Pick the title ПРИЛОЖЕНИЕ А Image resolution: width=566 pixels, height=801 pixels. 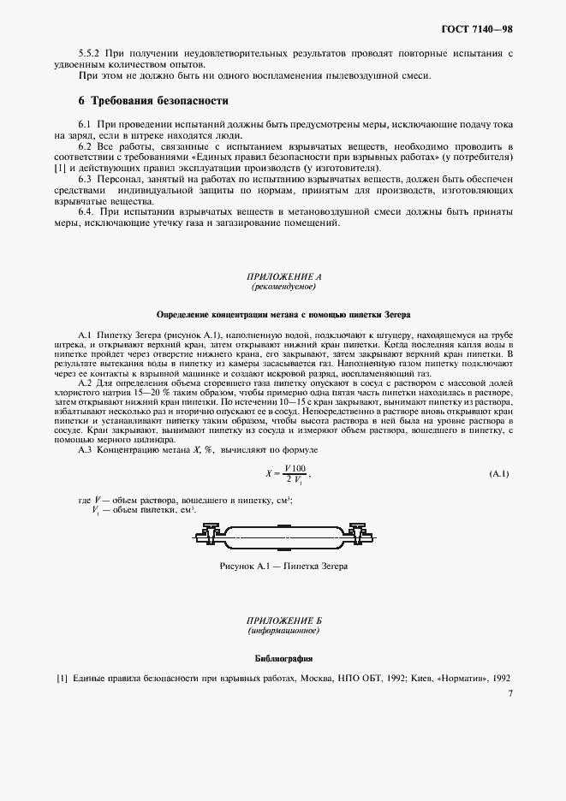tap(283, 277)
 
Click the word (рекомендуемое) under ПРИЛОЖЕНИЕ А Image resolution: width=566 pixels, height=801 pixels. tap(283, 287)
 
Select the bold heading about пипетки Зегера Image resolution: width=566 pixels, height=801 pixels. tap(283, 314)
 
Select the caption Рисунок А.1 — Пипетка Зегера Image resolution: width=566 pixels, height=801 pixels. tap(283, 566)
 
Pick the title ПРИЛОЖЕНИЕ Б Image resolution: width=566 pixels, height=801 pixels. tap(283, 620)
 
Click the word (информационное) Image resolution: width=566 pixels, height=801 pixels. tap(283, 630)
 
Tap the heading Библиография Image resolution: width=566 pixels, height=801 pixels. tap(283, 659)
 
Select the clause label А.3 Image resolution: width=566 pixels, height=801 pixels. tap(86, 449)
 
